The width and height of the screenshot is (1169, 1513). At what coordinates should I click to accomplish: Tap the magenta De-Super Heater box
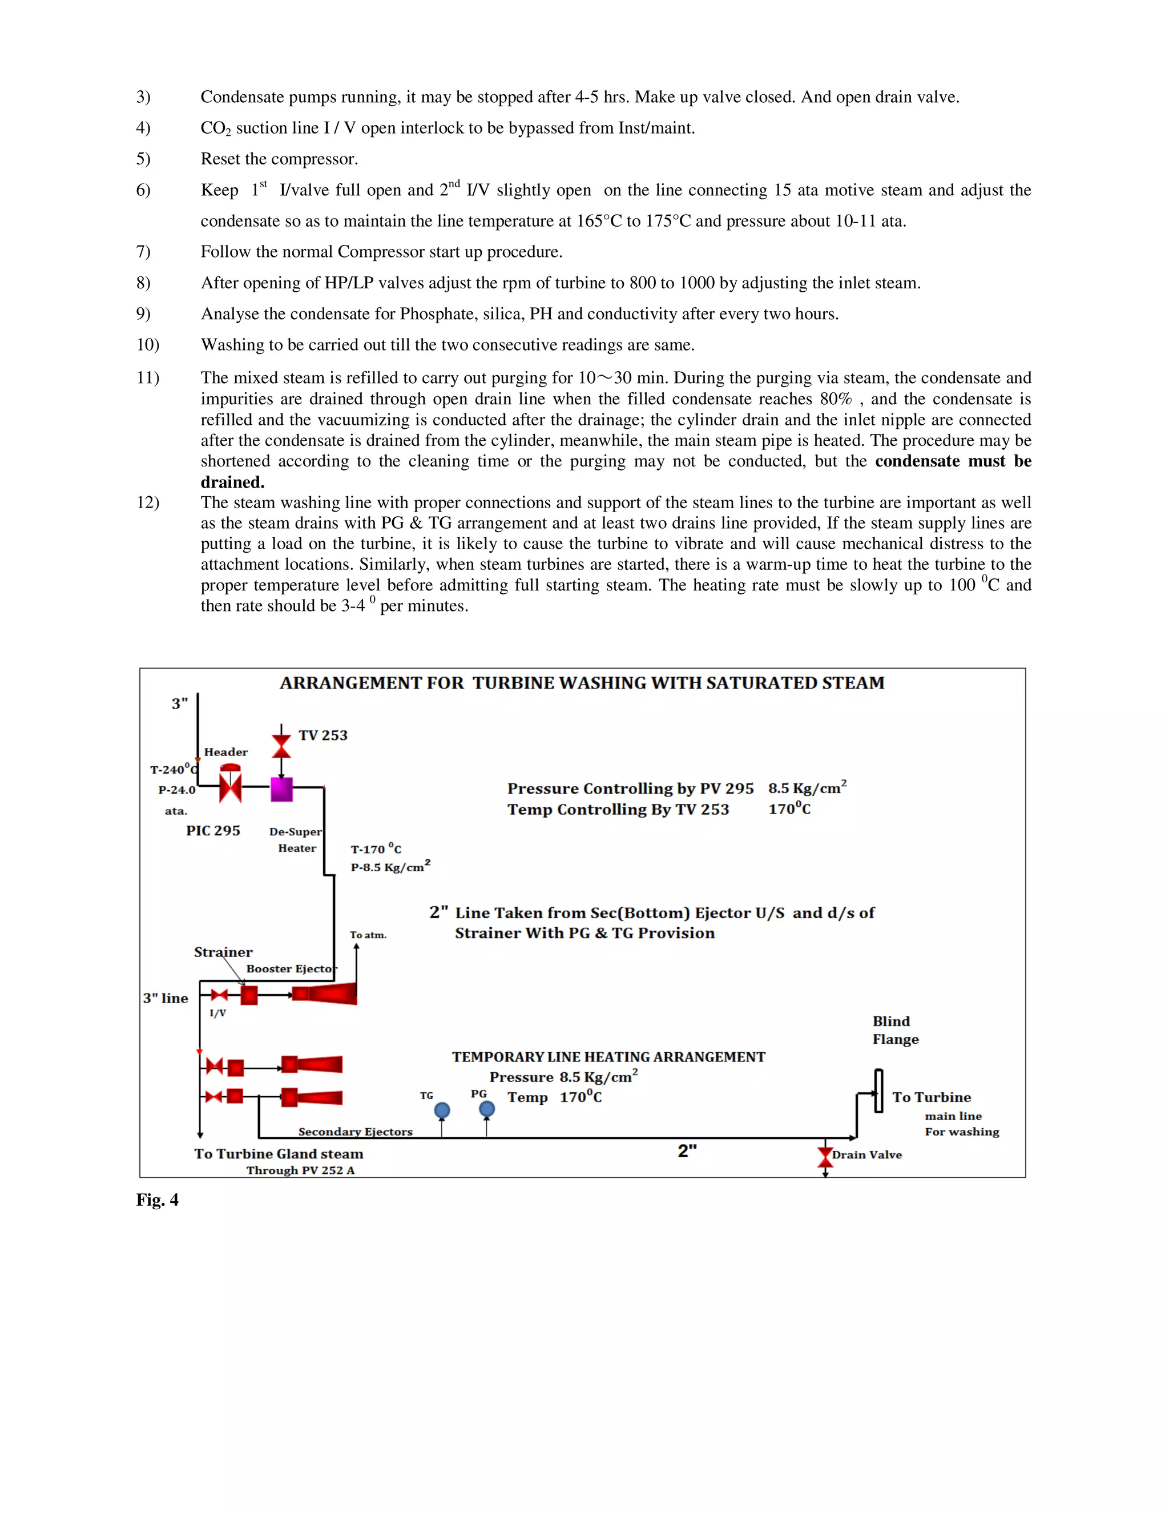coord(281,789)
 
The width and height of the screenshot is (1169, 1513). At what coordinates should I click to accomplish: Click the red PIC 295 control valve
coord(230,787)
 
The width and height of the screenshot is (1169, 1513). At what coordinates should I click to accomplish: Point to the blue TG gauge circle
coord(442,1110)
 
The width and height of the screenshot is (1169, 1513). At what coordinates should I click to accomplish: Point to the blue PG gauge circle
coord(487,1109)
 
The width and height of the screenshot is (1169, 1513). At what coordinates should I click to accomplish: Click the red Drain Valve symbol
coord(825,1156)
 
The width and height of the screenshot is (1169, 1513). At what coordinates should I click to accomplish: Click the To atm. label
coord(368,935)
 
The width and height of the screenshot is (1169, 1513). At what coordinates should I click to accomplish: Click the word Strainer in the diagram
coord(223,952)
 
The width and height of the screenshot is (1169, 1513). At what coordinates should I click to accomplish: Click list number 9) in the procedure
coord(143,314)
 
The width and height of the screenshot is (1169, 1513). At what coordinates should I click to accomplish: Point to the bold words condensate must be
coord(953,461)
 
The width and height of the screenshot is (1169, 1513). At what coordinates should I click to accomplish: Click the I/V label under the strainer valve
coord(217,1013)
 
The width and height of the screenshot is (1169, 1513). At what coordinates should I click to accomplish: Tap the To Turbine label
coord(931,1097)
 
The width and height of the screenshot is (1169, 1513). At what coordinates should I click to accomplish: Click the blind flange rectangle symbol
coord(878,1091)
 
